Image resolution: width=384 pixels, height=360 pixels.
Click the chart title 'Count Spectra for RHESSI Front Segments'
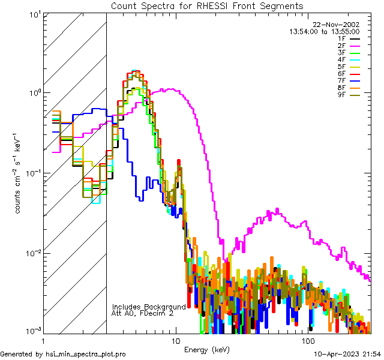207,5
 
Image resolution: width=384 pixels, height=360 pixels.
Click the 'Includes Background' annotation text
149,307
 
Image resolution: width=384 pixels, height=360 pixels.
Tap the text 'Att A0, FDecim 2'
143,313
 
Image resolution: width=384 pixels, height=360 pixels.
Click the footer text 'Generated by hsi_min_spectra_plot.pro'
63,355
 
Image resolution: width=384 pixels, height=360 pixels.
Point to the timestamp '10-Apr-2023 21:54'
347,355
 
